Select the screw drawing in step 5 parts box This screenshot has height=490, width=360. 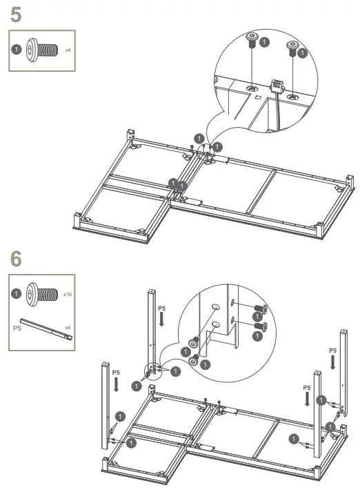point(41,50)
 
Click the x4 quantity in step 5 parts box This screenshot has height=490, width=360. point(68,50)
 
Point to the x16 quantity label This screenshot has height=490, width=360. point(68,294)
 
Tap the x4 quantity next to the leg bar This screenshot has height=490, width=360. point(68,327)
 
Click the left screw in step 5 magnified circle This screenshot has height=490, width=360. point(252,42)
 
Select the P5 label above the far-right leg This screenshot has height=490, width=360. point(332,351)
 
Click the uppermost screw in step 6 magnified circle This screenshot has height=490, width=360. point(261,309)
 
